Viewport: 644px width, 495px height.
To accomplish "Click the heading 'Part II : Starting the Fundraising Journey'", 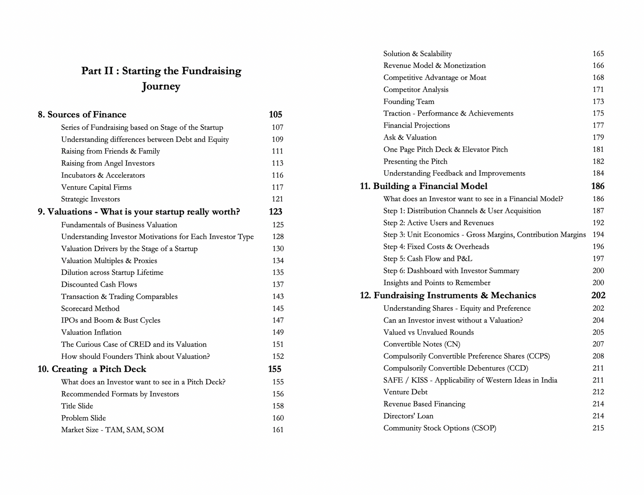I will (161, 78).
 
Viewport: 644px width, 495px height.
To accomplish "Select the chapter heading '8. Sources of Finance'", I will (82, 115).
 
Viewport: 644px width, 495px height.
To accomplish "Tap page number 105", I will (275, 115).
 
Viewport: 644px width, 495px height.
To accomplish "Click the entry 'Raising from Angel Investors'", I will (108, 163).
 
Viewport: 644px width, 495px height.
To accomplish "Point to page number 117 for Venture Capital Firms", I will (278, 187).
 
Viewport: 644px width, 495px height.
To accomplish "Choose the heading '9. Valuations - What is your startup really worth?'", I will (139, 212).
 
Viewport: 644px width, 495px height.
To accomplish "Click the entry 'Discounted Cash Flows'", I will (99, 285).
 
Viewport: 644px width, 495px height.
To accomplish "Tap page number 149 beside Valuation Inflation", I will (278, 332).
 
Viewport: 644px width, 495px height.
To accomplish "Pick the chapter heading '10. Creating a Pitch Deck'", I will (92, 369).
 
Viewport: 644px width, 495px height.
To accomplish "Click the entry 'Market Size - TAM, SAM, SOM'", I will (112, 430).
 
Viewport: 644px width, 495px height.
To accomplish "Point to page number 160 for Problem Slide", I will (278, 418).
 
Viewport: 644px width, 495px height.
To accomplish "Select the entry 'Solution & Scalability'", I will (417, 54).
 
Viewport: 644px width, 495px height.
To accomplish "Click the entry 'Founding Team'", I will (409, 102).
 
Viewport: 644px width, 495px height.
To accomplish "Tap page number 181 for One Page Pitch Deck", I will (598, 149).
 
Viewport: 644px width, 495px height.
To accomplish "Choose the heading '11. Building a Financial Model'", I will (423, 186).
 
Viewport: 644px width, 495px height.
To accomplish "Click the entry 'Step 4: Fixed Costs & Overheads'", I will (436, 247).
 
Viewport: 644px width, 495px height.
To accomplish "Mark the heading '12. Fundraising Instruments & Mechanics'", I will (448, 296).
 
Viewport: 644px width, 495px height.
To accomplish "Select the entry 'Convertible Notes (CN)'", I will (422, 344).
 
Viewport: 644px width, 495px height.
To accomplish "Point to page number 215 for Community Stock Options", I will (598, 428).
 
